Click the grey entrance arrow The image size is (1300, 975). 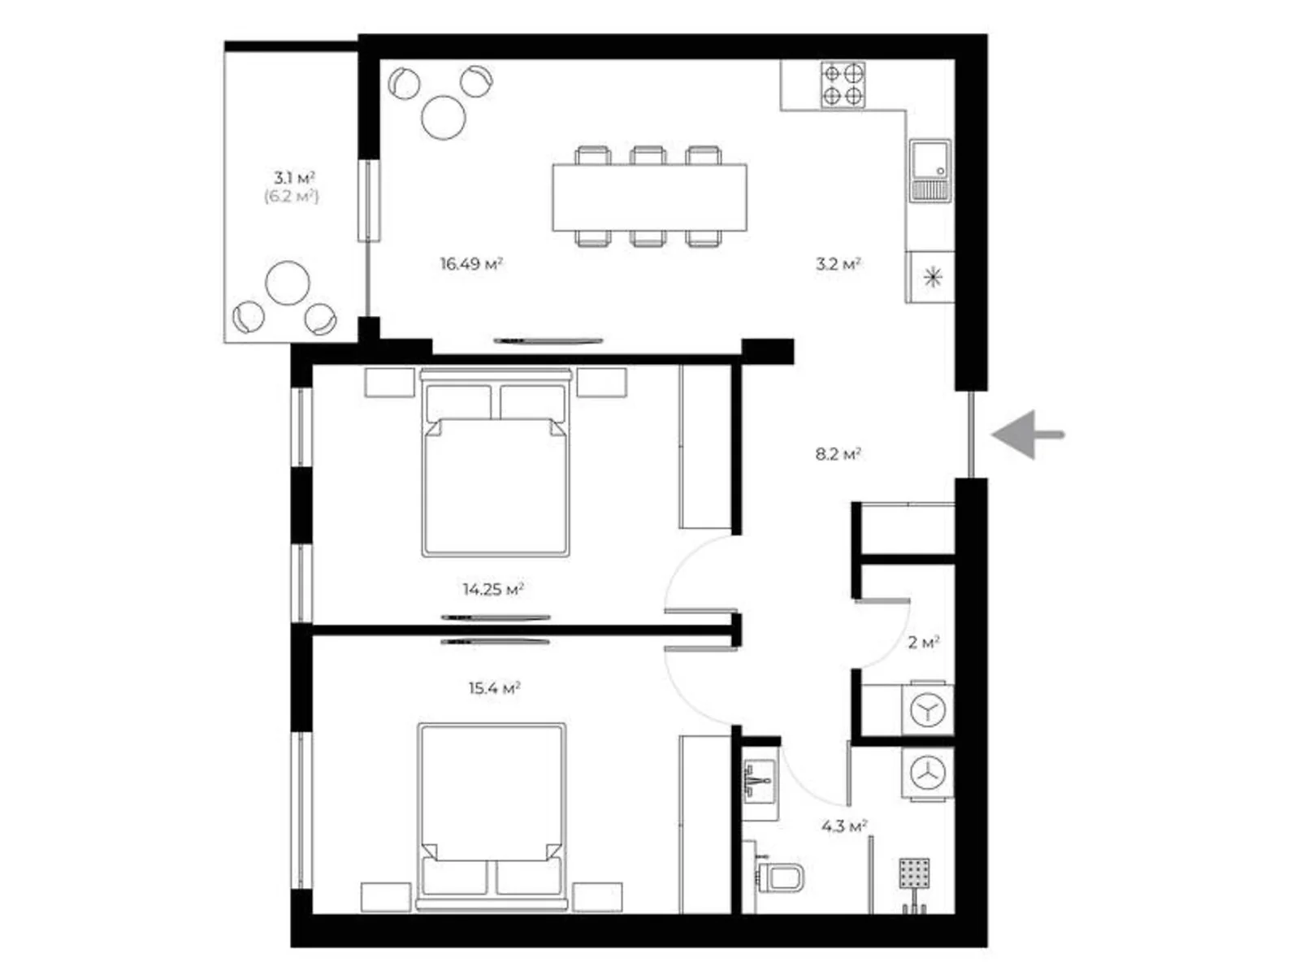point(1027,435)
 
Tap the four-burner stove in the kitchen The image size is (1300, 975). point(843,84)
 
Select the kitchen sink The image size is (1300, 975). point(929,171)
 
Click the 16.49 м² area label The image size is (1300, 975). point(471,263)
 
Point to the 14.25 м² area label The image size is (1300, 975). point(493,589)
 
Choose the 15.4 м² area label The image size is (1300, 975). point(495,688)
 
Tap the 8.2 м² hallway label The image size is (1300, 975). point(838,454)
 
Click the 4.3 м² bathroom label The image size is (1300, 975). point(844,825)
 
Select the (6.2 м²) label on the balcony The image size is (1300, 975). point(292,197)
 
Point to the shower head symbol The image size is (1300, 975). point(914,873)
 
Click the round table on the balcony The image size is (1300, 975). point(288,283)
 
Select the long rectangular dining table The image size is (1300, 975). point(649,197)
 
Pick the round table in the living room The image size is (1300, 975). point(444,117)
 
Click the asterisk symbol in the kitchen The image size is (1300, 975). point(933,276)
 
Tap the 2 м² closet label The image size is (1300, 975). point(924,643)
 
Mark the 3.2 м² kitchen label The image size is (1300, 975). point(838,263)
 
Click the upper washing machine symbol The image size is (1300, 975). point(928,710)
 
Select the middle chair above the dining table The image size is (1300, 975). point(648,155)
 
